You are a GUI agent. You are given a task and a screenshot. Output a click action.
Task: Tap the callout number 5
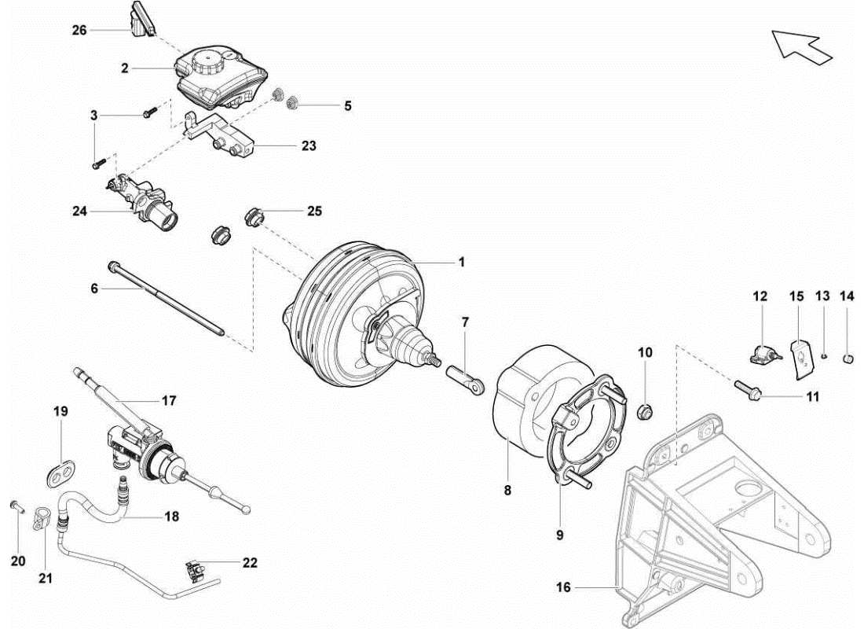pyautogui.click(x=347, y=105)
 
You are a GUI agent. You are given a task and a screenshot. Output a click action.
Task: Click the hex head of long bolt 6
pyautogui.click(x=114, y=267)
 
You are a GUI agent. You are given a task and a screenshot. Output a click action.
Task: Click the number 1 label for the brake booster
pyautogui.click(x=462, y=262)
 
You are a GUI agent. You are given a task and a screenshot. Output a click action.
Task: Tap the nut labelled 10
pyautogui.click(x=645, y=410)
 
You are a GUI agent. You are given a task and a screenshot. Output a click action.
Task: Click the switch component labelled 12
pyautogui.click(x=761, y=355)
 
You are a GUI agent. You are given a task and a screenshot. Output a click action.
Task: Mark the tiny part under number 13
pyautogui.click(x=822, y=355)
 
